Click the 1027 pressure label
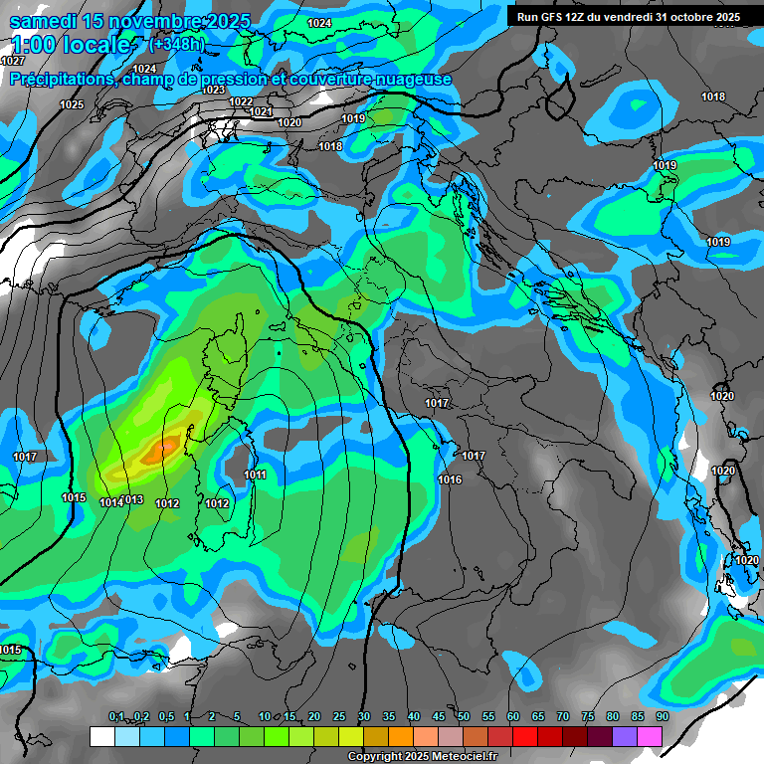coord(13,62)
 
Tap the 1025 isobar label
coord(72,104)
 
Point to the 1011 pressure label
coord(256,476)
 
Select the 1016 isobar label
coord(450,480)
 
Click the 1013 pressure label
coord(133,499)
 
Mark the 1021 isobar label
coord(262,112)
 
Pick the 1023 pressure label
coord(214,90)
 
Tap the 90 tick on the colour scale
coord(662,717)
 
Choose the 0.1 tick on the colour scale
coord(115,717)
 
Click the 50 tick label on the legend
coord(464,717)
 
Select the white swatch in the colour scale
coord(102,736)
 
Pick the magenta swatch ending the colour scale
coord(650,736)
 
